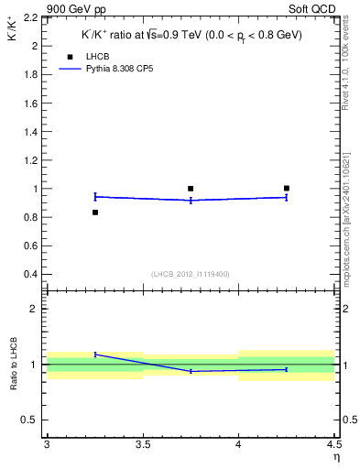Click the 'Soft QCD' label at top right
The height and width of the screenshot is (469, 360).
point(315,8)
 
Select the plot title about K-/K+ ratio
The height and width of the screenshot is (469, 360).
point(190,35)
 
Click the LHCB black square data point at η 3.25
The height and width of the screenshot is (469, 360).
point(95,213)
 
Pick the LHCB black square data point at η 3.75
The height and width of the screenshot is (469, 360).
point(191,189)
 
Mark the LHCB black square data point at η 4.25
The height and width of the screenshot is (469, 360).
point(287,189)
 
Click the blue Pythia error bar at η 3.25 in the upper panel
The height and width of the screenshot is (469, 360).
point(95,196)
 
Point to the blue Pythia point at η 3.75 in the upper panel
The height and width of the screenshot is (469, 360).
point(191,200)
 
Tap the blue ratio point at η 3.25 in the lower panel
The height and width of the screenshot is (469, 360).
point(95,354)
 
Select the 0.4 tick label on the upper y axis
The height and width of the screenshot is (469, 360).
point(29,275)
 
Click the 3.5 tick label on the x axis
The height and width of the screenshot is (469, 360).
point(143,445)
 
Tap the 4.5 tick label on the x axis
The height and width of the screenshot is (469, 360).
point(333,445)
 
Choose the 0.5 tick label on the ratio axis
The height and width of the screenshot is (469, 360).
point(29,420)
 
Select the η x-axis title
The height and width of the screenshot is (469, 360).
point(335,457)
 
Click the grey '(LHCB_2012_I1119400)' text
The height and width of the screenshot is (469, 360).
point(190,274)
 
